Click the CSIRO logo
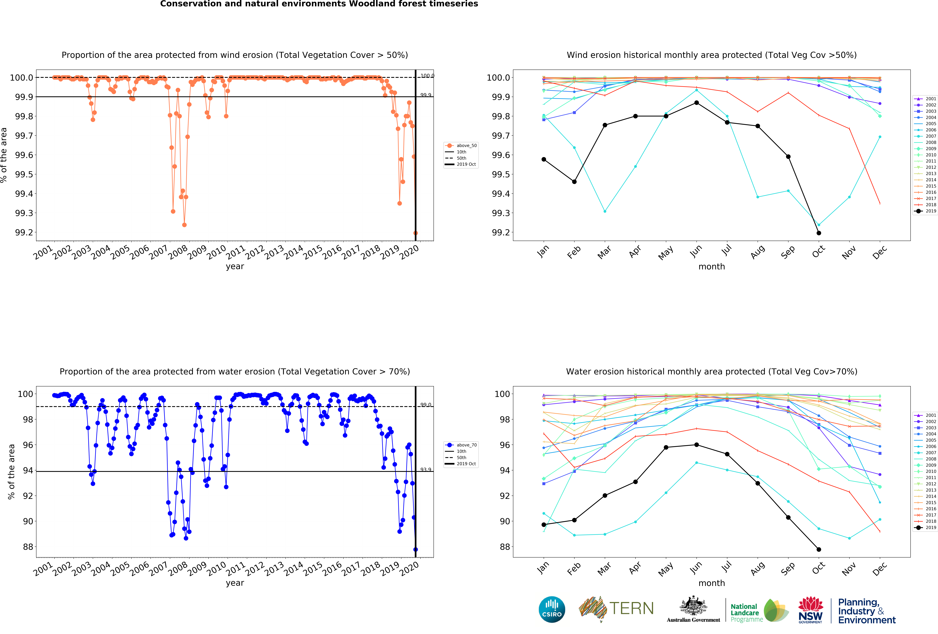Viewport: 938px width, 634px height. pyautogui.click(x=552, y=609)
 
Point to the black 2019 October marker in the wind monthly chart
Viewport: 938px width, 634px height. pyautogui.click(x=819, y=233)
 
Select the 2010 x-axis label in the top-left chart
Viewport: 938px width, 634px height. pyautogui.click(x=216, y=253)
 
